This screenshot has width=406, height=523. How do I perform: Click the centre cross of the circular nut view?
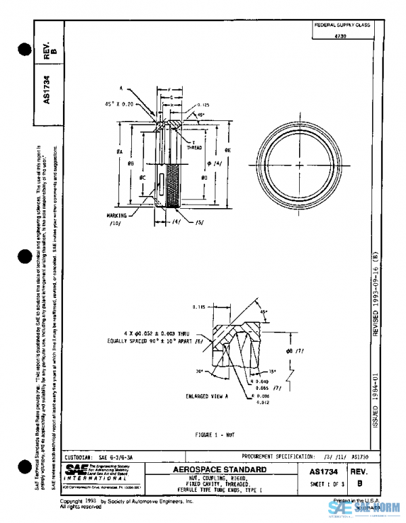pos(298,164)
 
